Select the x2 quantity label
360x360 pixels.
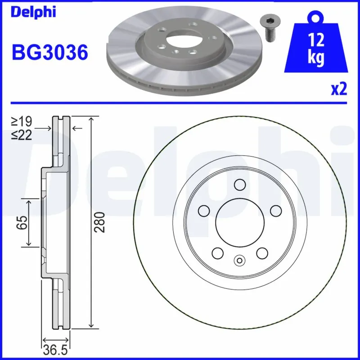point(338,90)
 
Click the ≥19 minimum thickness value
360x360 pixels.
point(22,121)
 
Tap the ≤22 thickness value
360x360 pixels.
point(22,134)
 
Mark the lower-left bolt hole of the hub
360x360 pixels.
point(218,253)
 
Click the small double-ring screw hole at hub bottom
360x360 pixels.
point(239,260)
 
